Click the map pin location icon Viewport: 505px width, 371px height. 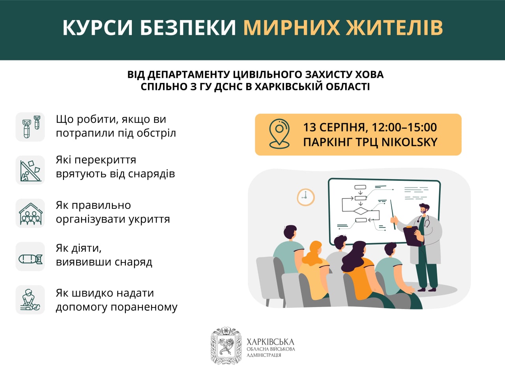(279, 134)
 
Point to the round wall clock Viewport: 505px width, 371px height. (305, 197)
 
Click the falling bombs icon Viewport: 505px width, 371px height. (30, 127)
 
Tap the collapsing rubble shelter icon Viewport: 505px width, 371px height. (30, 170)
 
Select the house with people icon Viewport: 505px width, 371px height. (30, 214)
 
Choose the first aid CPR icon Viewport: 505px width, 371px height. (30, 300)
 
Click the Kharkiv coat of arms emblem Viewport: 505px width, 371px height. (226, 345)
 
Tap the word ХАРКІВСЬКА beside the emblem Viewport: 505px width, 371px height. (270, 342)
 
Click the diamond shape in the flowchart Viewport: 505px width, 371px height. (360, 211)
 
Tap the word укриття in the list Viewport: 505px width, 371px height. (150, 219)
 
